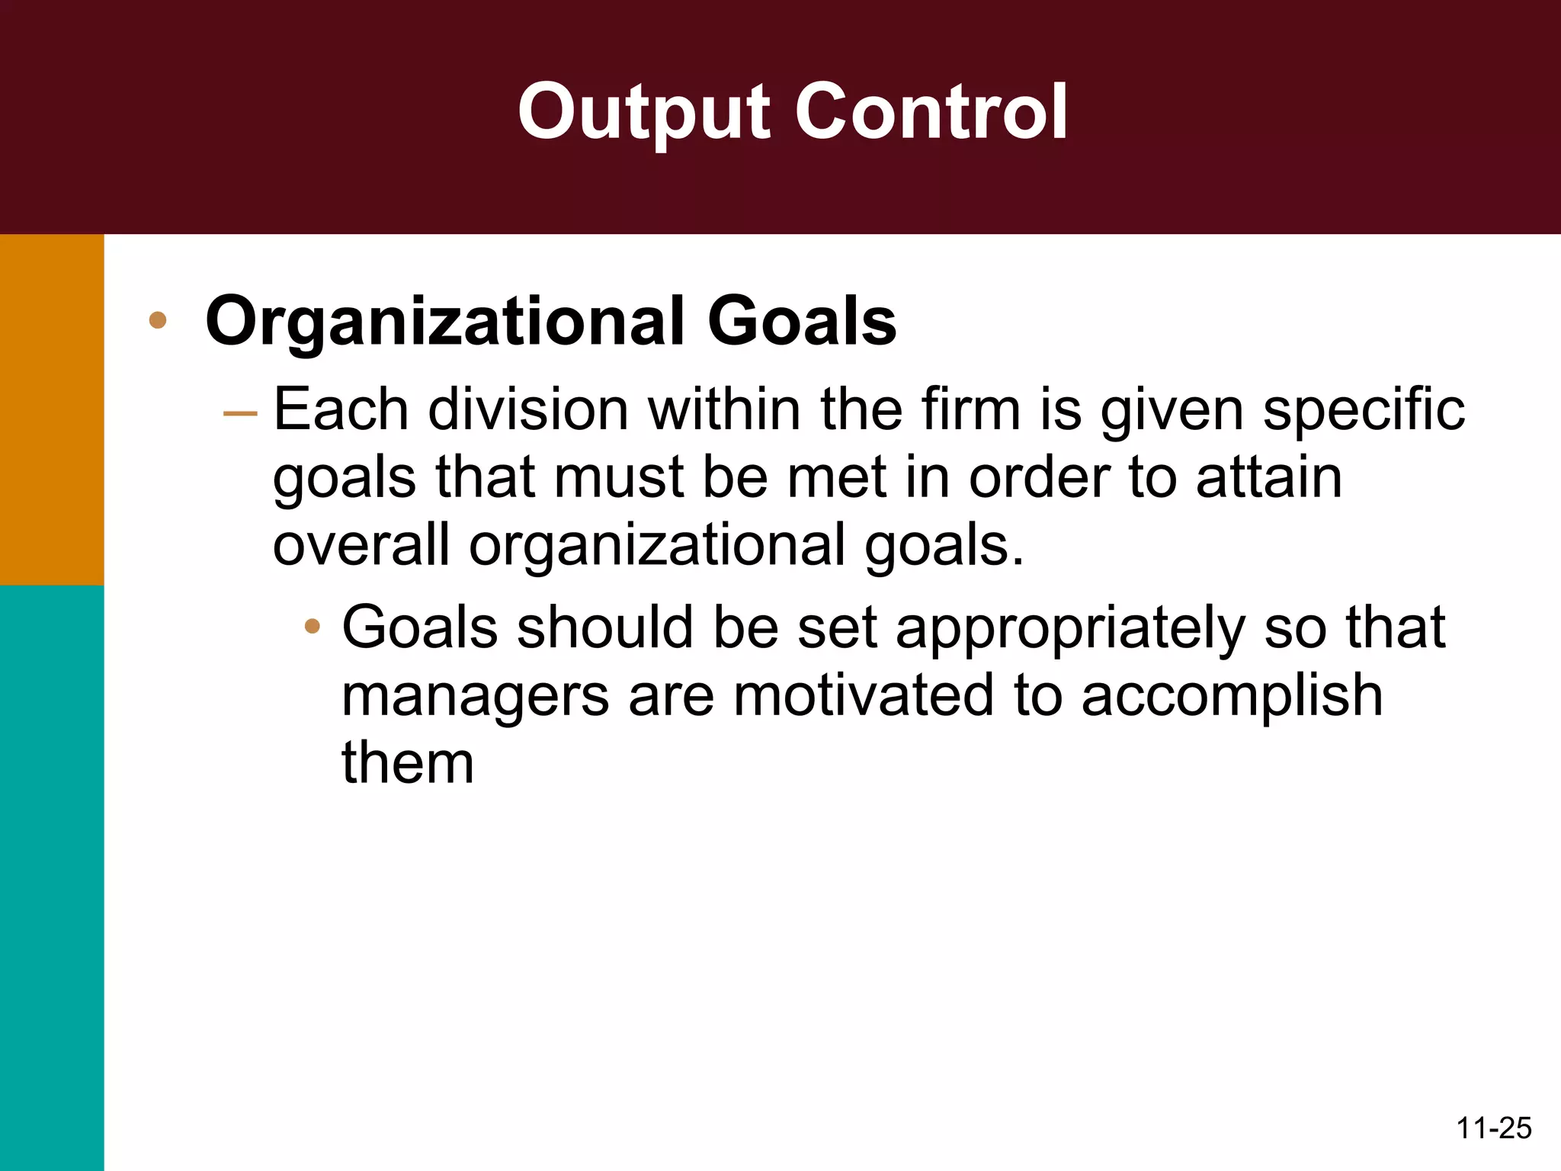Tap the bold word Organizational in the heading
[447, 322]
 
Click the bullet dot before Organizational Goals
[158, 320]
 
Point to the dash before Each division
[240, 413]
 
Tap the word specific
[1364, 412]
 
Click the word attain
[1268, 478]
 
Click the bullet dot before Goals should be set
[312, 627]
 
